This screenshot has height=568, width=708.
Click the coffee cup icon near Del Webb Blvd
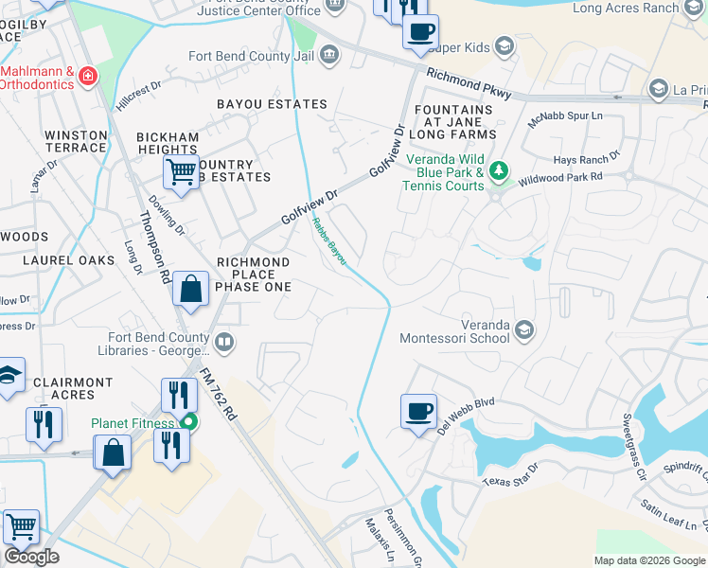click(x=418, y=412)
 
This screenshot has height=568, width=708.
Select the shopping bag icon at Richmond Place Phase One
click(x=191, y=290)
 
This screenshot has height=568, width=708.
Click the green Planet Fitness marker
click(x=189, y=423)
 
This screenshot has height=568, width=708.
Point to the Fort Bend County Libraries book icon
click(x=224, y=342)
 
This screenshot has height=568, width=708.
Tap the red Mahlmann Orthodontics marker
click(x=88, y=74)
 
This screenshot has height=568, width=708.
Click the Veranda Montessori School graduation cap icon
click(x=524, y=329)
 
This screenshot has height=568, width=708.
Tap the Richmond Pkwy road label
click(x=469, y=83)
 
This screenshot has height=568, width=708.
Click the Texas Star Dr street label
click(x=508, y=474)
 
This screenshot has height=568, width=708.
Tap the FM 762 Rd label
click(x=219, y=389)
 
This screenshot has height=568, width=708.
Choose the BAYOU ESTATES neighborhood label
click(x=272, y=104)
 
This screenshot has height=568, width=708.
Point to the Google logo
click(x=31, y=557)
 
